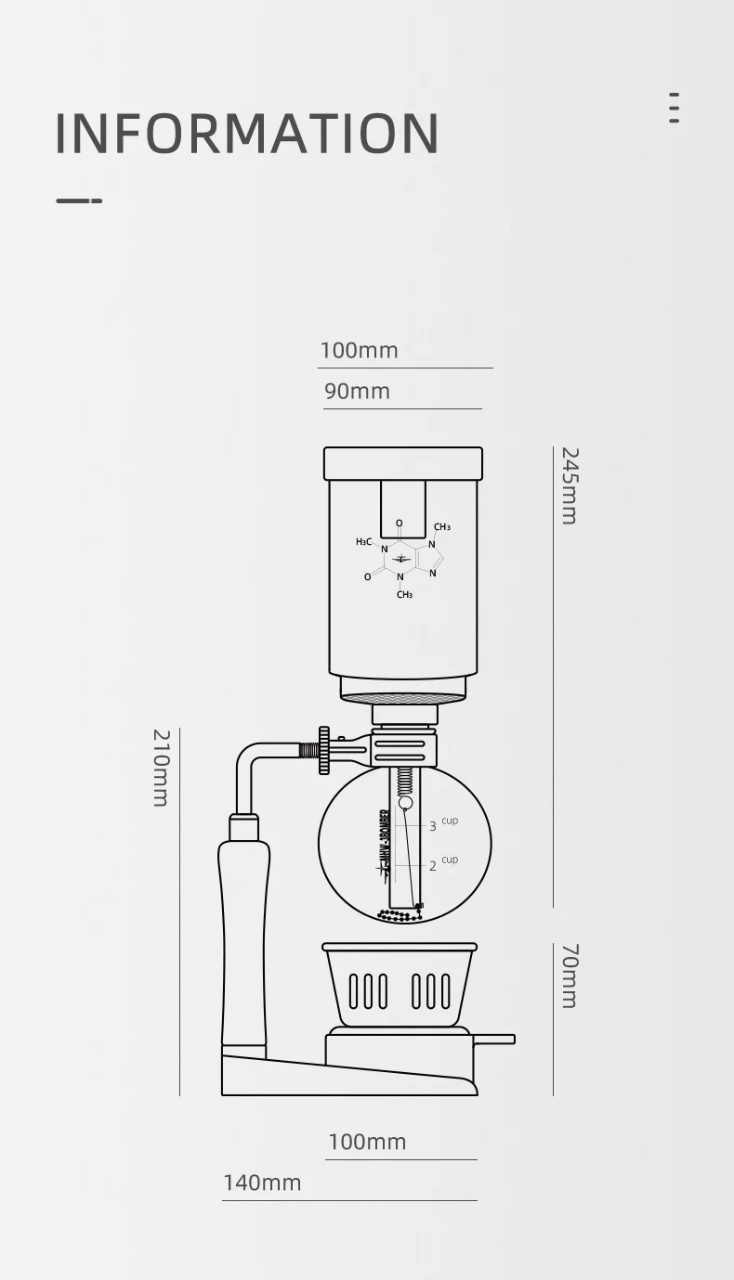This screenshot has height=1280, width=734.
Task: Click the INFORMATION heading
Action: tap(247, 134)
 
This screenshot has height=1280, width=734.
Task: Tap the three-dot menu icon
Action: tap(674, 108)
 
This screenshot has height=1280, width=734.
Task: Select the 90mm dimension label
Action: tap(358, 392)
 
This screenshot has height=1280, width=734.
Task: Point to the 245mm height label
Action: tap(569, 485)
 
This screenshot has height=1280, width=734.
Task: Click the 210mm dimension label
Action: tap(161, 768)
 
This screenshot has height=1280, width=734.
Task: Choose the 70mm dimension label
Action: tap(569, 976)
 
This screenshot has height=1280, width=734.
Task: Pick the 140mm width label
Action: tap(262, 1183)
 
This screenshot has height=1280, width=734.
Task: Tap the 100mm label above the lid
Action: tap(359, 351)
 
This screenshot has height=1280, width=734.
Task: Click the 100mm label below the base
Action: tap(367, 1142)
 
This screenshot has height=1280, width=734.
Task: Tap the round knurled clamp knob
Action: tap(323, 750)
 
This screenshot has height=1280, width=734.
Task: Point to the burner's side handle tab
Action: tap(494, 1039)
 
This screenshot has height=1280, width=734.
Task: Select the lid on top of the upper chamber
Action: tap(403, 463)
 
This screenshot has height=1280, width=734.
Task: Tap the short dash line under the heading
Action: tap(79, 200)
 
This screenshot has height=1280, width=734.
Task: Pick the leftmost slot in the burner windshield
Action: tap(354, 990)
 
